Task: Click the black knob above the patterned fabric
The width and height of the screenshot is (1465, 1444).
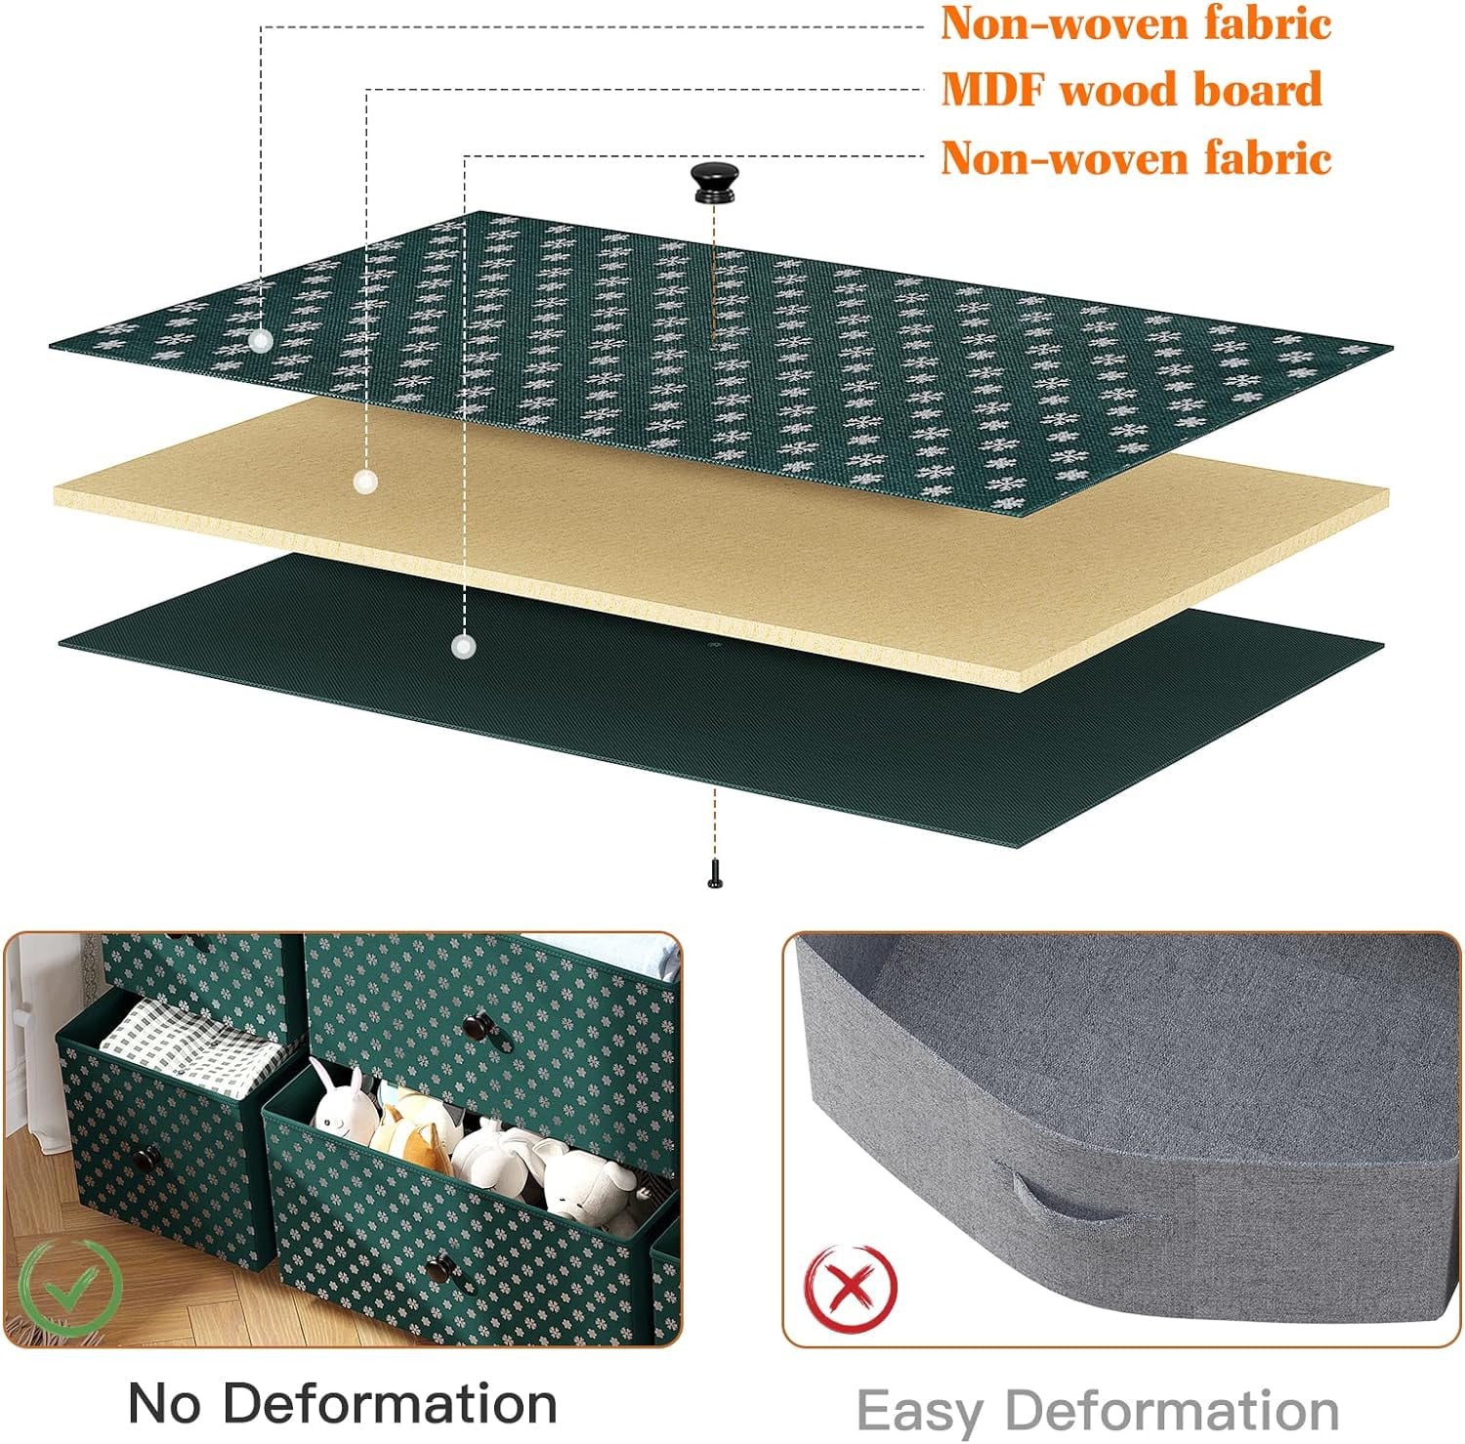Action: pos(715,183)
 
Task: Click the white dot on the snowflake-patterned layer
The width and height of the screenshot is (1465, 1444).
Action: pos(260,340)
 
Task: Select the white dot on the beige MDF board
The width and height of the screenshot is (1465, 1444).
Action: pos(365,481)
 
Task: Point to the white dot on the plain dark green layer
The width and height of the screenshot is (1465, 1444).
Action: pos(463,646)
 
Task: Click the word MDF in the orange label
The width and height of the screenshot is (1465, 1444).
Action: pos(994,91)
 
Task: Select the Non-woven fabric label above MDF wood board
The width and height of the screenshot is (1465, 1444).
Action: pos(1136,23)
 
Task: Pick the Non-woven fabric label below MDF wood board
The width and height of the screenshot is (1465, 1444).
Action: pos(1136,157)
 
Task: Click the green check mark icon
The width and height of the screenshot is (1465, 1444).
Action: pos(70,1287)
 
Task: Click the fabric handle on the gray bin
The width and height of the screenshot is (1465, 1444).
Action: pos(1074,1204)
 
